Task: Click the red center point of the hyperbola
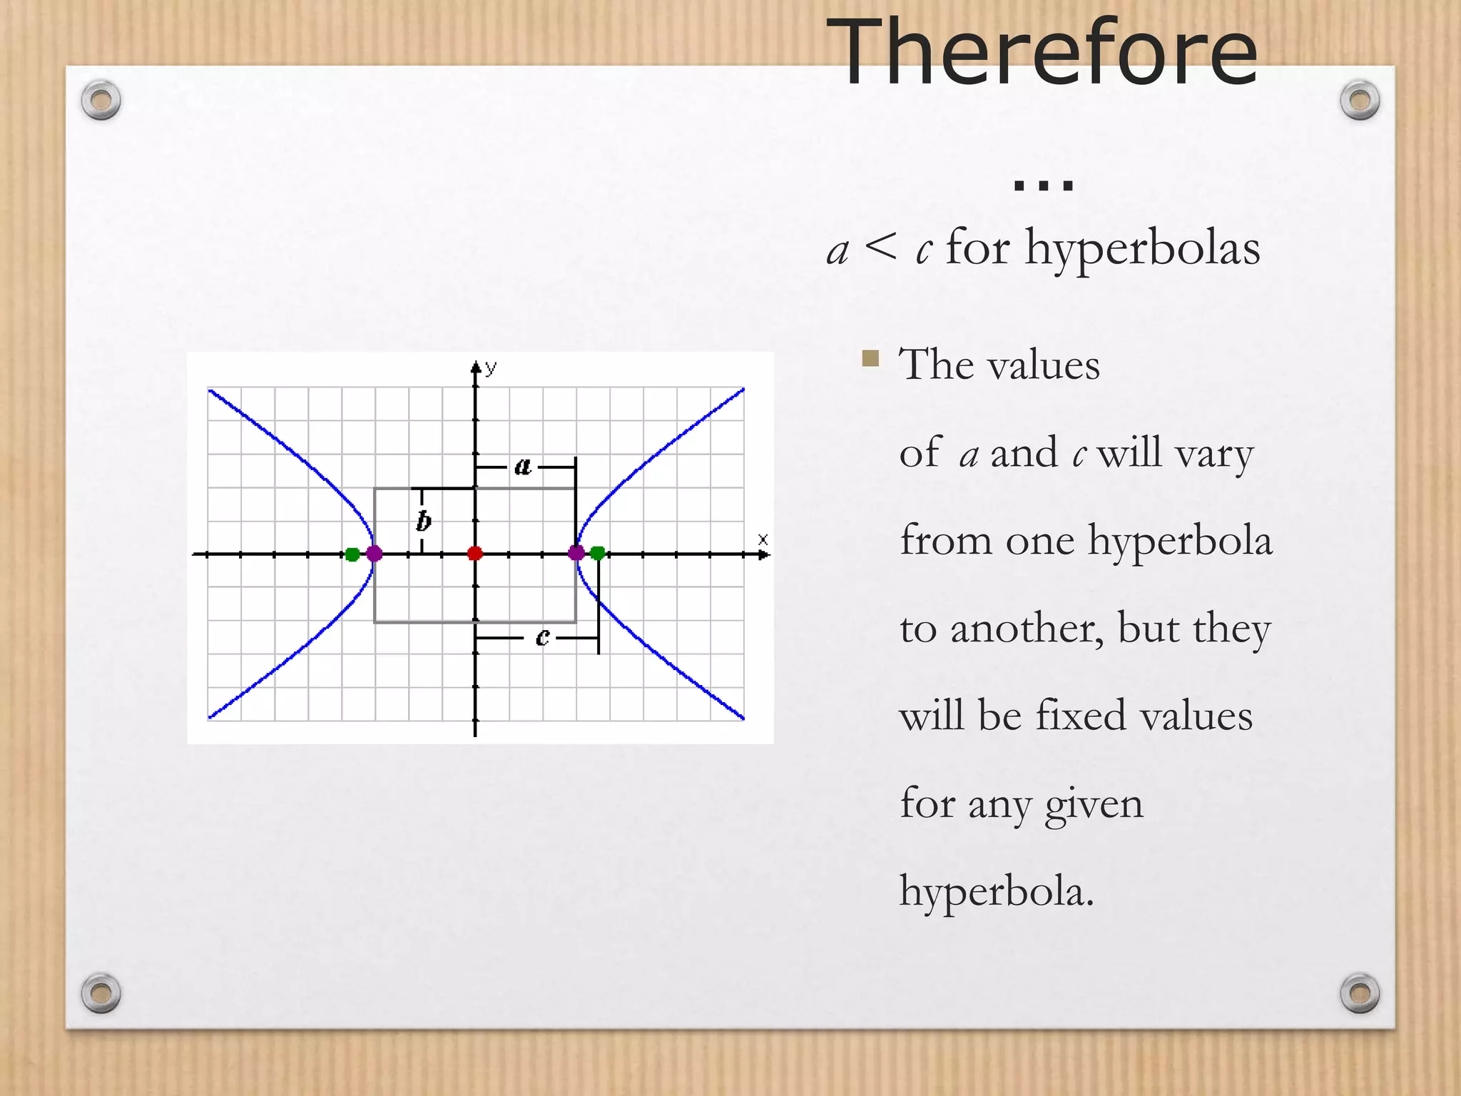tap(475, 553)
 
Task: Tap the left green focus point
tap(352, 554)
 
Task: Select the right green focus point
tap(598, 553)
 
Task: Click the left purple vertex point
tap(374, 553)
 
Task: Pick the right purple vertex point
tap(576, 552)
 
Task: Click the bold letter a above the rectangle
tap(523, 467)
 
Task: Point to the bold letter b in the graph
tap(424, 521)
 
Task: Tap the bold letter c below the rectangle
tap(542, 636)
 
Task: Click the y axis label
tap(491, 368)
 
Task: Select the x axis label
tap(763, 539)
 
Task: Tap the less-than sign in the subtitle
tap(880, 248)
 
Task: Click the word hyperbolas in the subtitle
tap(1142, 249)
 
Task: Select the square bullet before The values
tap(870, 357)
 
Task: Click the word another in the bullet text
tap(1027, 629)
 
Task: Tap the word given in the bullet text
tap(1094, 805)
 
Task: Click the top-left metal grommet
tap(101, 100)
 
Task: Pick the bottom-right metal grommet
tap(1360, 993)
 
